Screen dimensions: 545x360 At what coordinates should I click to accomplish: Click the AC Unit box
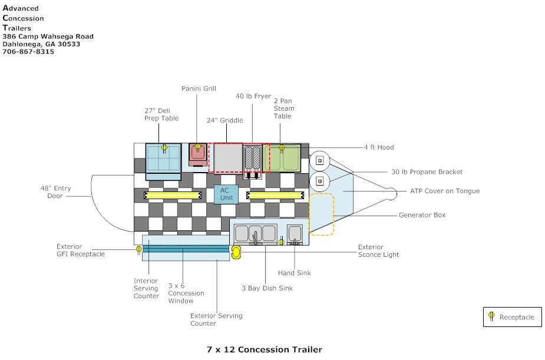[x=226, y=194]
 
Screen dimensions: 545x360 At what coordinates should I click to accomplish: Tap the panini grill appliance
[x=198, y=155]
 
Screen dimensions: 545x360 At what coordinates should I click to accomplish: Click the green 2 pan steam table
[x=282, y=158]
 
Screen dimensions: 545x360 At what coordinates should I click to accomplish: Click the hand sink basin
[x=295, y=235]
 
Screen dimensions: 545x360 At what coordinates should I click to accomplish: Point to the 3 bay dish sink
[x=256, y=235]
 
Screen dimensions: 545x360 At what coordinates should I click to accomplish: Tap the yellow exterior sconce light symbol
[x=236, y=252]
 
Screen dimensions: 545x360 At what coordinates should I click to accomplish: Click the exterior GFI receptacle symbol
[x=139, y=249]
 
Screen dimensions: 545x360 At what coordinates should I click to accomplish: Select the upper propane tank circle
[x=319, y=160]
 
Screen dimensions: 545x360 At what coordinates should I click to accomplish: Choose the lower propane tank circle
[x=319, y=181]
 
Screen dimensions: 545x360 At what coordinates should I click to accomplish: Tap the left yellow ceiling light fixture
[x=173, y=195]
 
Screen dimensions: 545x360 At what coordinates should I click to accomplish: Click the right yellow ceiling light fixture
[x=275, y=195]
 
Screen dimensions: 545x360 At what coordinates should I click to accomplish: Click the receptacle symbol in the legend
[x=491, y=316]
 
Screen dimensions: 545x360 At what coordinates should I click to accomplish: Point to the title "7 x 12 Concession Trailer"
[x=264, y=349]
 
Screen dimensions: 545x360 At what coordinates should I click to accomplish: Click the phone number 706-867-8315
[x=28, y=51]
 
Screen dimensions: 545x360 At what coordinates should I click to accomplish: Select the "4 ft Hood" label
[x=379, y=147]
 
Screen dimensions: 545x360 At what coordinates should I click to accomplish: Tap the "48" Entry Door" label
[x=55, y=192]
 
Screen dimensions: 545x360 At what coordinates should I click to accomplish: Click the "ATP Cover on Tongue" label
[x=445, y=191]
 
